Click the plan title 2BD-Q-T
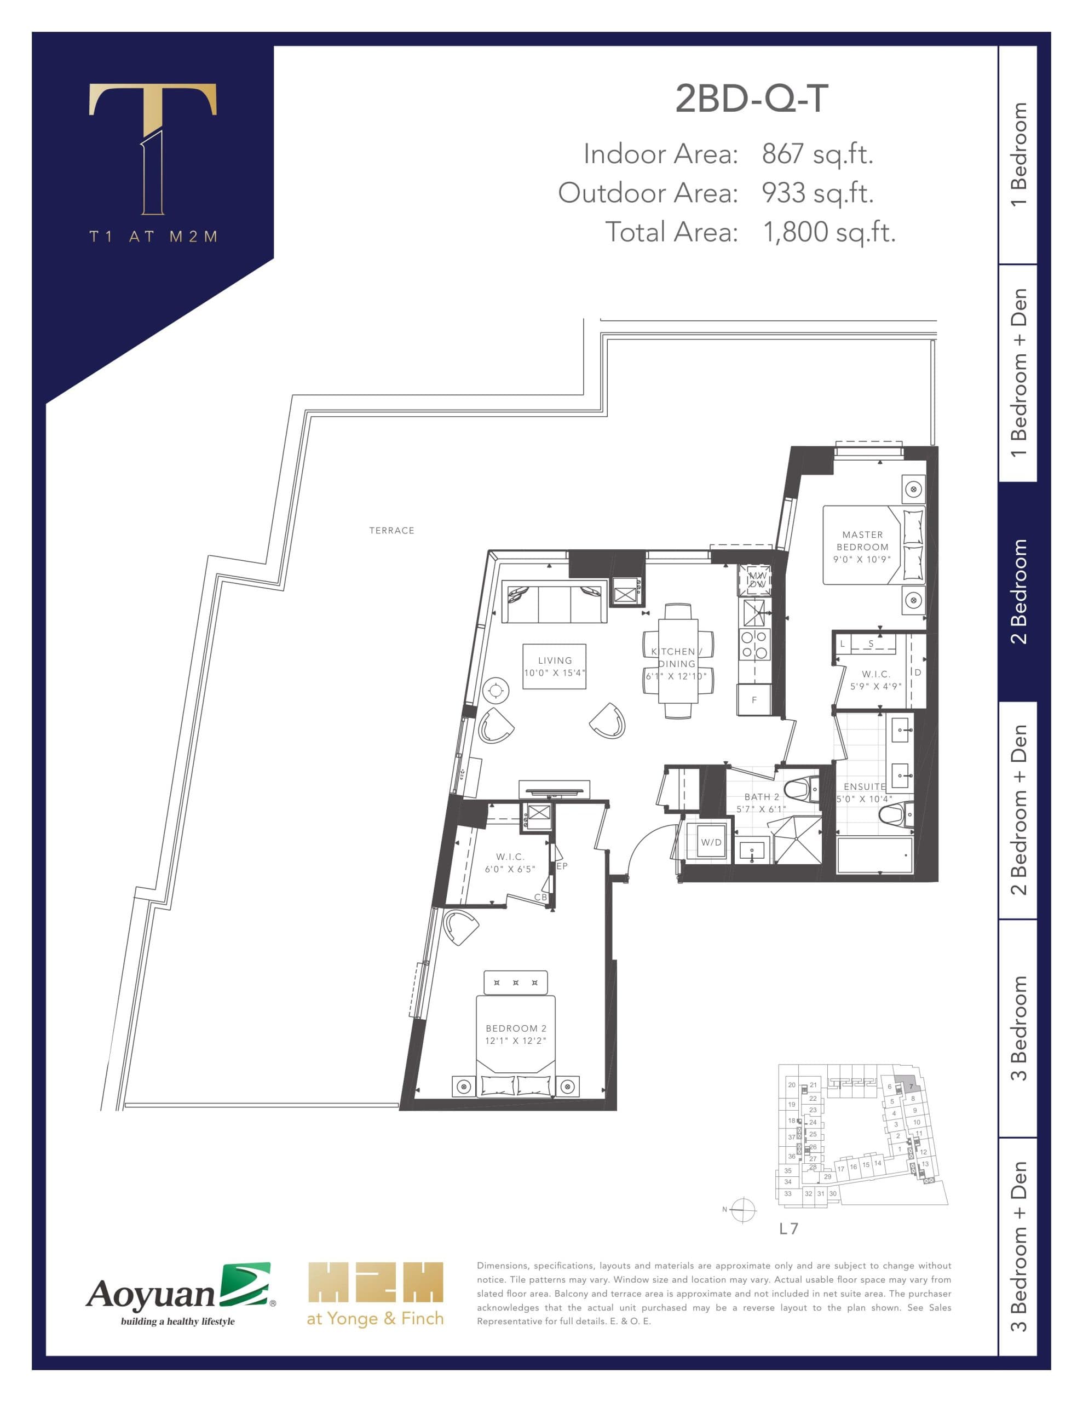coord(751,99)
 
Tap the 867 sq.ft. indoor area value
coord(816,154)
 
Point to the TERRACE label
coord(391,530)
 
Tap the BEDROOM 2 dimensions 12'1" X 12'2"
coord(516,1041)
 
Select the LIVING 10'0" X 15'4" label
coord(555,666)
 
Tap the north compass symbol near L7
coord(743,1210)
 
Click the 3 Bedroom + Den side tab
coord(1018,1245)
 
